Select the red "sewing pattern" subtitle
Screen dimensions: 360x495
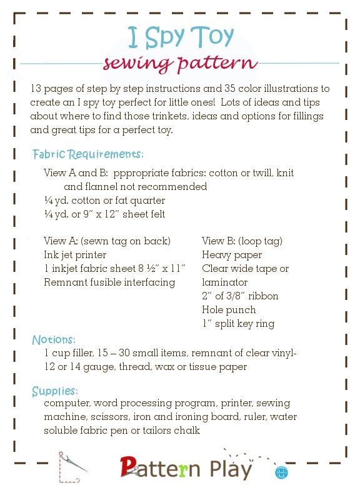click(x=180, y=64)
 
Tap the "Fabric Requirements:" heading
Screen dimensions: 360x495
click(x=88, y=154)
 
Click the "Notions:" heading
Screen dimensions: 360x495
click(x=54, y=340)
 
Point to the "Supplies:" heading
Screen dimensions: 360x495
click(x=55, y=391)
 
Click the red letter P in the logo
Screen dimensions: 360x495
click(x=129, y=466)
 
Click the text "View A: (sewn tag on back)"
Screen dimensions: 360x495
click(x=107, y=241)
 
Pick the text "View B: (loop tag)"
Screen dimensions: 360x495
click(x=242, y=241)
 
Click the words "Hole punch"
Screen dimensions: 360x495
click(x=229, y=309)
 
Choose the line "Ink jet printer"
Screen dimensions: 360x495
click(x=75, y=254)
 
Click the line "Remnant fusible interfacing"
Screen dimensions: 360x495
click(x=109, y=282)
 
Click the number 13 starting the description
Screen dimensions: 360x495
click(x=36, y=89)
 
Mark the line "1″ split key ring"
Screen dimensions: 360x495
click(x=238, y=323)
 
